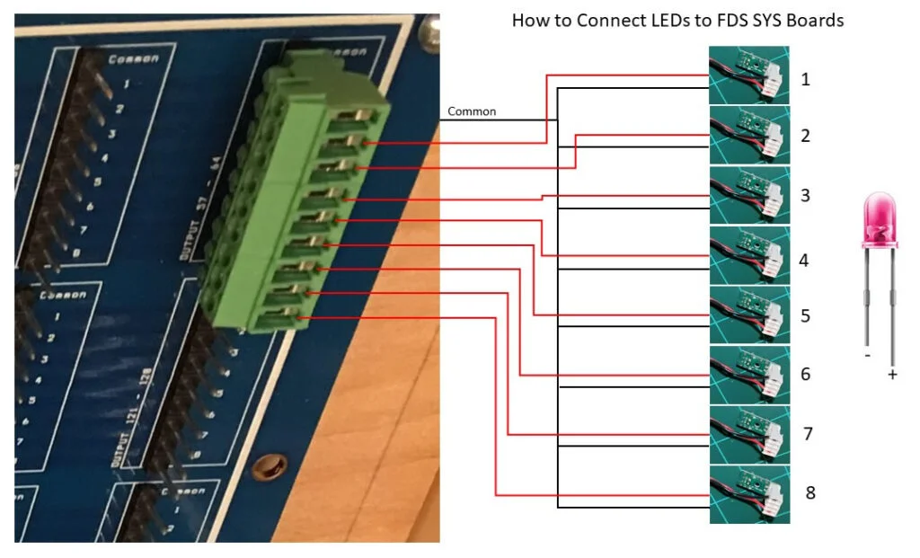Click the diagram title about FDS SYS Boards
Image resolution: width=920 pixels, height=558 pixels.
click(x=677, y=20)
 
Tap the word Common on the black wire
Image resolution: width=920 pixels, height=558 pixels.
click(x=471, y=112)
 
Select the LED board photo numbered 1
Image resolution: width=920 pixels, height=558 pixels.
click(x=749, y=74)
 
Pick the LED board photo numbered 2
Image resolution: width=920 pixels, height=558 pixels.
click(x=749, y=134)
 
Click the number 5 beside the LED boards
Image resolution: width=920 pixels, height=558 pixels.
click(x=805, y=316)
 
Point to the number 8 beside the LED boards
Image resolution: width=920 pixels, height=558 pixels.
click(x=809, y=493)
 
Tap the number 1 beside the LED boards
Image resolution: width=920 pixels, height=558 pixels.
click(x=805, y=79)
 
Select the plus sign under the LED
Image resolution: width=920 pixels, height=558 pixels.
click(x=892, y=375)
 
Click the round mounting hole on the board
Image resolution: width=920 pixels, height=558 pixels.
click(x=270, y=467)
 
